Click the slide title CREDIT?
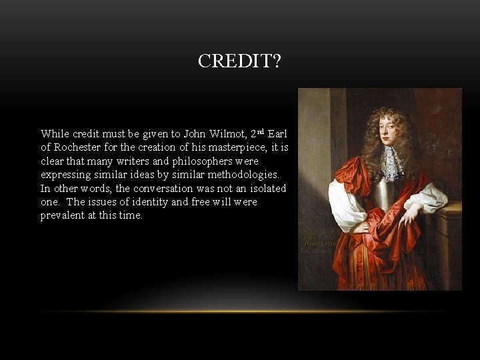pos(239,61)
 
